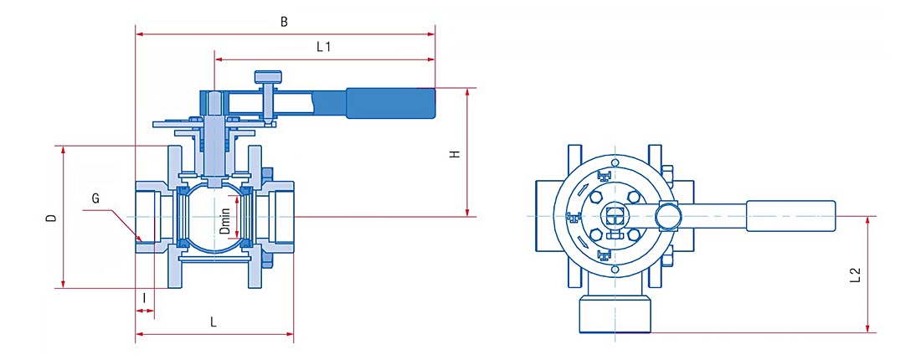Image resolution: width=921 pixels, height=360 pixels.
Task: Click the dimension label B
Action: [x=285, y=23]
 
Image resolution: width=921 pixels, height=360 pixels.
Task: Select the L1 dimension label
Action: [x=324, y=48]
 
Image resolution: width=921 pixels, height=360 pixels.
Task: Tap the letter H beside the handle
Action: [x=455, y=154]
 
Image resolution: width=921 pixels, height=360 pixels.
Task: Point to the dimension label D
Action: [x=52, y=218]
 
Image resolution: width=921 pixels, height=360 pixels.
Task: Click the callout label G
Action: [x=95, y=198]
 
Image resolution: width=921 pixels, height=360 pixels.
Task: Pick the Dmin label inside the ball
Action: [x=225, y=222]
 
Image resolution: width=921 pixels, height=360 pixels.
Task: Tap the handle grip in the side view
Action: [x=391, y=103]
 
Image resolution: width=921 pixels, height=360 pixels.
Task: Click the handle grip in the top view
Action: [x=790, y=216]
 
